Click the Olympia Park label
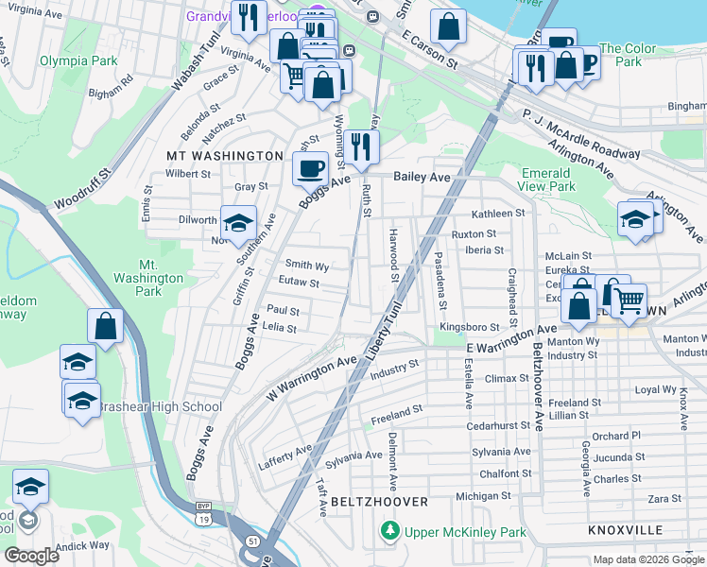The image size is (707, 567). [x=78, y=60]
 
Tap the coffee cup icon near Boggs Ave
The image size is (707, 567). [x=309, y=170]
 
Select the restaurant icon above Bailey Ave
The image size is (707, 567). [x=361, y=146]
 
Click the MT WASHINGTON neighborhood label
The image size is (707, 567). [x=225, y=155]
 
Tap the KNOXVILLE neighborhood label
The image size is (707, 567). [x=625, y=530]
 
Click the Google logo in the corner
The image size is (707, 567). [x=31, y=556]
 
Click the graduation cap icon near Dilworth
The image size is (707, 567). [x=238, y=223]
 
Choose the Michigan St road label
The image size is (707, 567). [x=482, y=495]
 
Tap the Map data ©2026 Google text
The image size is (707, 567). [x=647, y=559]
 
